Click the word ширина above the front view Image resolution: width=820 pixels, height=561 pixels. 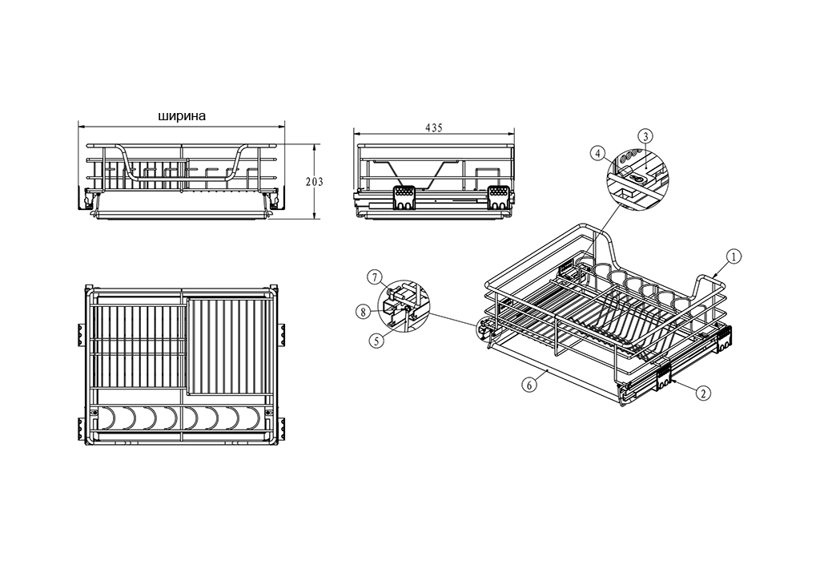pos(182,115)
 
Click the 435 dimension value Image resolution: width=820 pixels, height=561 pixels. pos(433,127)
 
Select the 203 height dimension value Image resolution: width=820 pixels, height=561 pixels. pos(315,182)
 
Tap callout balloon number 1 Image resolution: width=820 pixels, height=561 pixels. pos(734,256)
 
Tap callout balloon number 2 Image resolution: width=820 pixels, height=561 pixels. pos(703,392)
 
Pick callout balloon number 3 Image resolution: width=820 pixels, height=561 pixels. pos(646,136)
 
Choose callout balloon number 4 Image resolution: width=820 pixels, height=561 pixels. pos(597,154)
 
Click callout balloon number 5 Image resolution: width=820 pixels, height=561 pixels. pos(376,341)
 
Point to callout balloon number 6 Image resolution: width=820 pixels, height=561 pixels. pos(529,385)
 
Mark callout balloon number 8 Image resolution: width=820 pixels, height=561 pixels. pos(363,313)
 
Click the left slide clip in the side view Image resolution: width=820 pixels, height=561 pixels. pos(404,197)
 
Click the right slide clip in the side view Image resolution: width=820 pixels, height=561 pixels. pos(498,197)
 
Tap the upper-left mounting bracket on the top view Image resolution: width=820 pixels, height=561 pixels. pos(81,334)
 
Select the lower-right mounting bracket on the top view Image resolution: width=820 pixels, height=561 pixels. pos(283,427)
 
